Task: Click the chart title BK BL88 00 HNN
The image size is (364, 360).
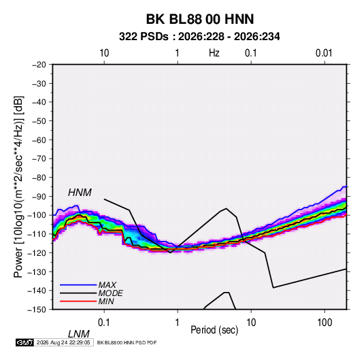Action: click(200, 19)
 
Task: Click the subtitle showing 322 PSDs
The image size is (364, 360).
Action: click(199, 37)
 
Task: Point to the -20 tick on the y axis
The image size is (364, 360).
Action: click(39, 65)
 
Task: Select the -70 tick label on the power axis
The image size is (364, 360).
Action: click(39, 159)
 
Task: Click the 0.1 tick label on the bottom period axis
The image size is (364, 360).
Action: click(104, 323)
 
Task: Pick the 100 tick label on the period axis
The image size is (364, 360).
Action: click(325, 323)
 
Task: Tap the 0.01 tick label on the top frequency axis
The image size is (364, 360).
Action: click(324, 53)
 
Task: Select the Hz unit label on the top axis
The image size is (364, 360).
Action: click(214, 53)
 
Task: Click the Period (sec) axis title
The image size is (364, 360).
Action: click(214, 330)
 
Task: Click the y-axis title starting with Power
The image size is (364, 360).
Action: click(18, 187)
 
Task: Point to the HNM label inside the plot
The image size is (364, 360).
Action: click(80, 193)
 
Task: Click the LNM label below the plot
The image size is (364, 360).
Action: click(78, 334)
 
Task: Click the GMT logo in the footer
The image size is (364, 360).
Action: click(24, 342)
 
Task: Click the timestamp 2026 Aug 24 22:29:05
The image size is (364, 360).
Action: click(63, 342)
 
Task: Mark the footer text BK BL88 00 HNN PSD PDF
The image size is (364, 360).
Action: click(127, 342)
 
